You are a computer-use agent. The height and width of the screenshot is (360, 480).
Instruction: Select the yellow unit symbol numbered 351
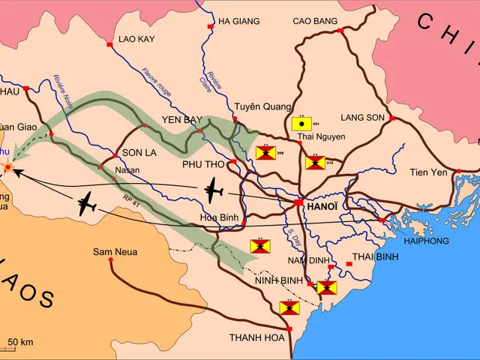click(x=301, y=123)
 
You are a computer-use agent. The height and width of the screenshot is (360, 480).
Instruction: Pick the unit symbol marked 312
click(x=316, y=162)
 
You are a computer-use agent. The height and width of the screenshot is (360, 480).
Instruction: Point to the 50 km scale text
click(x=22, y=343)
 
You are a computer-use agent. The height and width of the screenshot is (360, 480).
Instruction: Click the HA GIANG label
click(x=239, y=22)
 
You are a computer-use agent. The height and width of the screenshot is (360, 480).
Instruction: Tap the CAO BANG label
click(x=315, y=22)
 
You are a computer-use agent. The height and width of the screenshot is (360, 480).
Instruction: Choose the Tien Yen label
click(x=428, y=172)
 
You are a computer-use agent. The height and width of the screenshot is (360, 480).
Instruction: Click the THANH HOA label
click(x=257, y=337)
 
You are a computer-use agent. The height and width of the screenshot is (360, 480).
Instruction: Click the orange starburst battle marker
click(x=7, y=167)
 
